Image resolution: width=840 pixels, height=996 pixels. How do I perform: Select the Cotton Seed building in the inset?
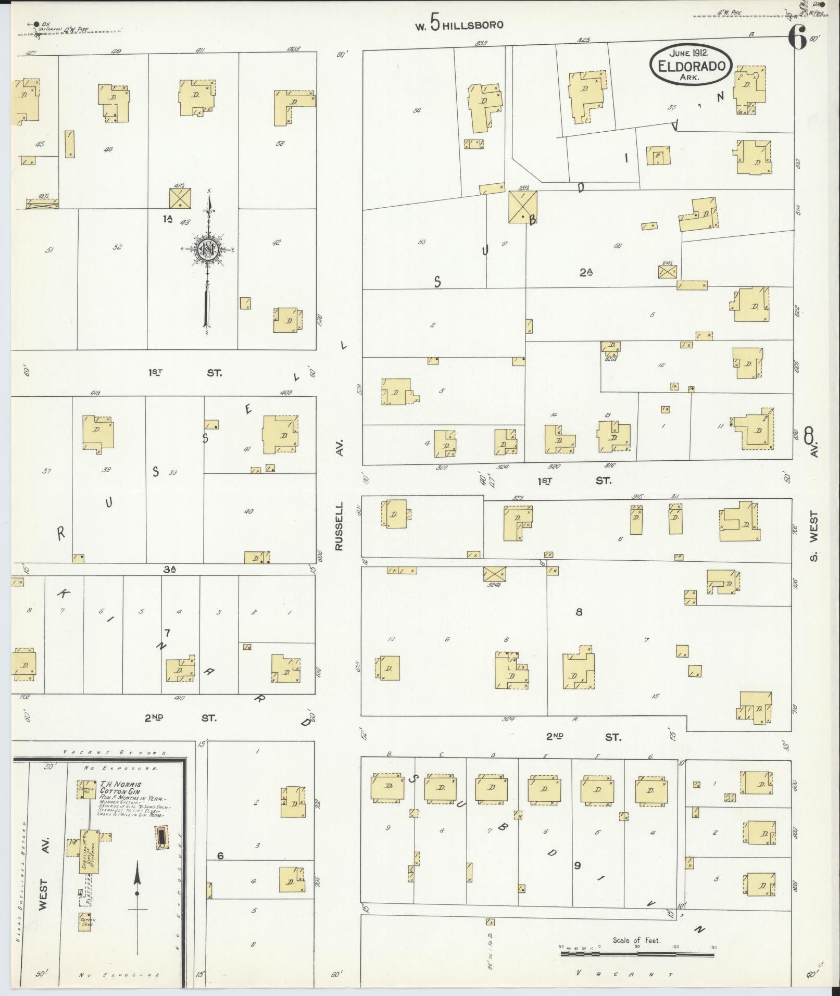point(85,922)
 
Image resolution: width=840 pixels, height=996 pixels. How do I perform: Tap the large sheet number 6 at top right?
point(798,37)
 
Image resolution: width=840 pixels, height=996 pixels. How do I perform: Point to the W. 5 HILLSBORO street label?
point(459,24)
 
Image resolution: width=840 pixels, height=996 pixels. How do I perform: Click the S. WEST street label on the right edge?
point(814,536)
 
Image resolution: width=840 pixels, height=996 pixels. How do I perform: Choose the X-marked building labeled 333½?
point(522,207)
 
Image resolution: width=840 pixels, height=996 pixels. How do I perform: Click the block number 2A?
point(586,272)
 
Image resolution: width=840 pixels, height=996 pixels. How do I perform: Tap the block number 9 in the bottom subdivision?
point(577,865)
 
